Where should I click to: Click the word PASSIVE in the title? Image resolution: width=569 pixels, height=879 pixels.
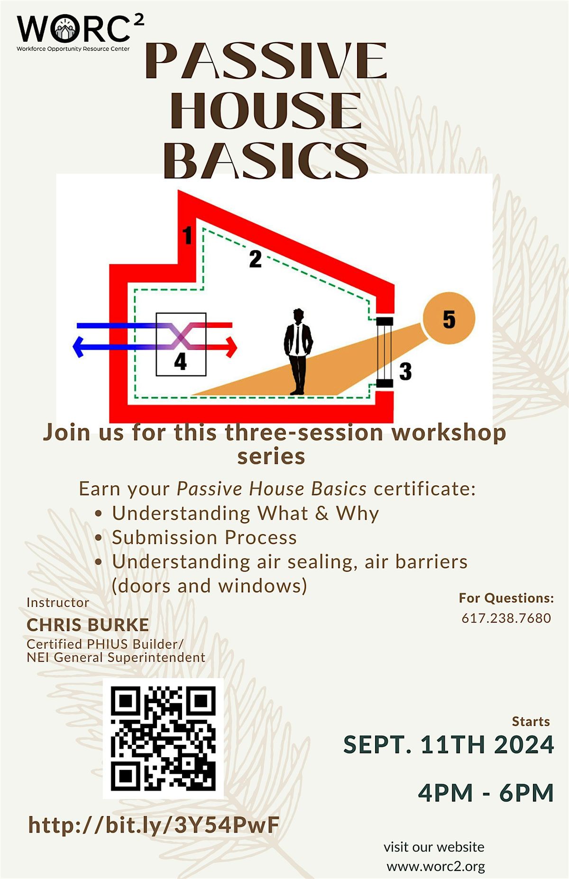[266, 62]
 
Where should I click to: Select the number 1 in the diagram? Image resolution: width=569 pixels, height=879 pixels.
[187, 236]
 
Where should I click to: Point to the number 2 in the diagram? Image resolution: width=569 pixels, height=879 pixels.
[255, 259]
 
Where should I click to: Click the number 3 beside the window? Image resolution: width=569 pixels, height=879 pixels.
[405, 372]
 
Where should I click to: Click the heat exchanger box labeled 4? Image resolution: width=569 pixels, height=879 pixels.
[181, 344]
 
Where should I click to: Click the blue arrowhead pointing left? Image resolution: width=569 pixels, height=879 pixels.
[77, 347]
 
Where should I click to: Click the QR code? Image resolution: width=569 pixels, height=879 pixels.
[163, 739]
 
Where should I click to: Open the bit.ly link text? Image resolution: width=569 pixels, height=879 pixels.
[154, 825]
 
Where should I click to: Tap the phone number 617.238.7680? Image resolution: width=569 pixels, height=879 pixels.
[506, 618]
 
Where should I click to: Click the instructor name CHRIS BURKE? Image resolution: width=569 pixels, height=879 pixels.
[88, 625]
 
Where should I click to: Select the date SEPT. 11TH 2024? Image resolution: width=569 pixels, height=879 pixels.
[448, 744]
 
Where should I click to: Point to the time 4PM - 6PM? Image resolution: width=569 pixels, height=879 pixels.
[486, 793]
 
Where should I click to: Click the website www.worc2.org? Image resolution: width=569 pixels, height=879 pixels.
[436, 867]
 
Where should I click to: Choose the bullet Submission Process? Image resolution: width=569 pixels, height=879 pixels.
[204, 537]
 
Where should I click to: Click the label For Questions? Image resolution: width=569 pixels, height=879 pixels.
[506, 598]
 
